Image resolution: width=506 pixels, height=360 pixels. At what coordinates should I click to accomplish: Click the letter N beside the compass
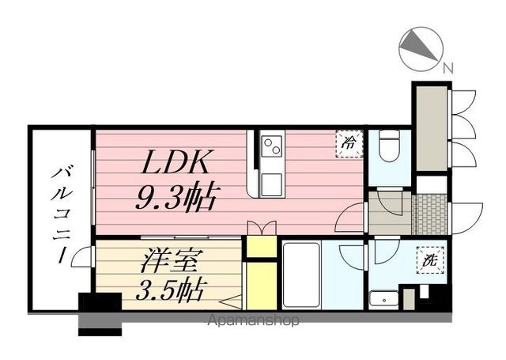click(x=448, y=69)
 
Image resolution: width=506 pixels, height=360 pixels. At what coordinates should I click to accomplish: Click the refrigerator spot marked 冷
click(x=349, y=142)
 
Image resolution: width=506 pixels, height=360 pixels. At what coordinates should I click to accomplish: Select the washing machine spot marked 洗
click(x=430, y=259)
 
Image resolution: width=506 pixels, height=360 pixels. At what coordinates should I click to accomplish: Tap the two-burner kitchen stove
click(x=272, y=146)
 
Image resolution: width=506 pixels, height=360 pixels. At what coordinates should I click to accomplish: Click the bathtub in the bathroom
click(x=301, y=275)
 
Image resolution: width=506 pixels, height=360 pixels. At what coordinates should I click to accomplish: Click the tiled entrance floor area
click(x=430, y=214)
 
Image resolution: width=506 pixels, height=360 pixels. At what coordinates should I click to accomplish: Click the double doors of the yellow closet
click(x=262, y=228)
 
